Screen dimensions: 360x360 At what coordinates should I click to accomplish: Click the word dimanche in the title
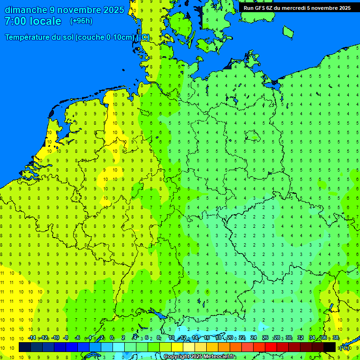tap(26, 10)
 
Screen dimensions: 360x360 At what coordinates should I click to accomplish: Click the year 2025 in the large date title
tap(112, 10)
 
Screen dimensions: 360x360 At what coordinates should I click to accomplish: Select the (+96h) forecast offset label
tap(81, 21)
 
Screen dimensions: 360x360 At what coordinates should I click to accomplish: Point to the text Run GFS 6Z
tap(258, 8)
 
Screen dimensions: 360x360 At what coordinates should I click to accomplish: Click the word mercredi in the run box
tap(292, 8)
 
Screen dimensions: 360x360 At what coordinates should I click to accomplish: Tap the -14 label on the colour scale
tap(31, 337)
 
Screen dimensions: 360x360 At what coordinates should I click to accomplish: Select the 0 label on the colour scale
tap(112, 337)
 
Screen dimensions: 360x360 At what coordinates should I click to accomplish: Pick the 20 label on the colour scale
tap(230, 337)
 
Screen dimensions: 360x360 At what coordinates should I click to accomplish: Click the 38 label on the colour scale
tap(336, 337)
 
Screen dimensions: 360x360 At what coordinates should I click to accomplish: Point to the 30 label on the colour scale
tap(289, 337)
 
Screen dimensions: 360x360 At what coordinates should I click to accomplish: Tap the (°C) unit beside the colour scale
tap(344, 348)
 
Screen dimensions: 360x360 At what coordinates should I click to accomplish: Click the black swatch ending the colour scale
tap(330, 347)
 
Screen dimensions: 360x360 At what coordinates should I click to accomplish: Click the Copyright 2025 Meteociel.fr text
tap(199, 357)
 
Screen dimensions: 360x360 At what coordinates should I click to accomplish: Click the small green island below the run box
tap(288, 31)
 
